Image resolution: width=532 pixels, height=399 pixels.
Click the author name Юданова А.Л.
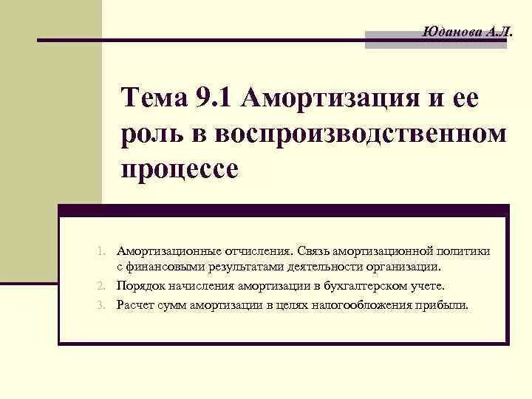tap(465, 32)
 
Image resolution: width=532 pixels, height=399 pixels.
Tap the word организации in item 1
tap(406, 267)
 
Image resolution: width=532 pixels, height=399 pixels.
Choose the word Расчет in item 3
tap(135, 304)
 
